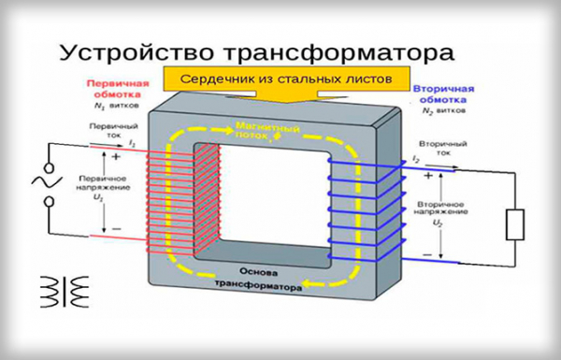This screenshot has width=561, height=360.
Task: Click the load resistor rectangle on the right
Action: point(513,223)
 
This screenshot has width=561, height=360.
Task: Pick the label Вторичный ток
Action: point(437,150)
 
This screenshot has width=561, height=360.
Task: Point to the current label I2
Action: point(416,161)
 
